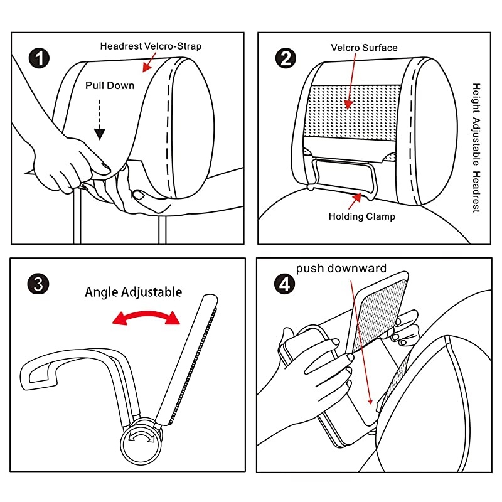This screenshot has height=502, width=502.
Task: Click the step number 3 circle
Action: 39,284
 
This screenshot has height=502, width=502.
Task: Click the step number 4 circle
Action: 285,284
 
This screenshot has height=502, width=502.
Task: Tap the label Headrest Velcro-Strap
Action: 151,46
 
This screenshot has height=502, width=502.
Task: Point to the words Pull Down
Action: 110,85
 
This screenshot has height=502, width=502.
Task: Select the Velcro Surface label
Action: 364,47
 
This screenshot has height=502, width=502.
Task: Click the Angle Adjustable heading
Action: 134,292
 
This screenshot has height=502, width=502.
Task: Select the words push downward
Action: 341,269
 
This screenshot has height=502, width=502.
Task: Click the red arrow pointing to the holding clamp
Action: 356,200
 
